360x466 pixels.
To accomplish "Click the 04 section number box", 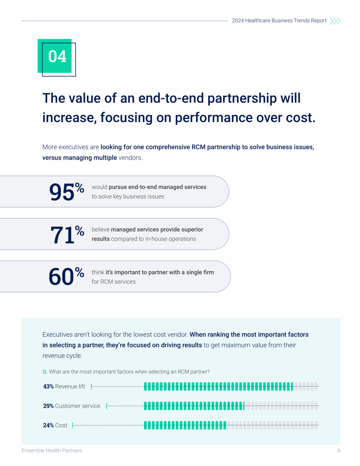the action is pyautogui.click(x=56, y=57).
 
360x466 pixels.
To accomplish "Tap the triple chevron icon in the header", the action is pyautogui.click(x=335, y=21).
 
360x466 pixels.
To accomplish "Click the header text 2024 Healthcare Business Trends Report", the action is pyautogui.click(x=279, y=20).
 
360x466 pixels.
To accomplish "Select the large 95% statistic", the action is pyautogui.click(x=67, y=192).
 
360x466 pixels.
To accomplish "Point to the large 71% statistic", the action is pyautogui.click(x=67, y=234).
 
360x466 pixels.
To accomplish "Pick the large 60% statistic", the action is pyautogui.click(x=66, y=276).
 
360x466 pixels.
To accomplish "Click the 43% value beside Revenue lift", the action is pyautogui.click(x=48, y=386).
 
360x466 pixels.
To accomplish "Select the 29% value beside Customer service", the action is pyautogui.click(x=48, y=406).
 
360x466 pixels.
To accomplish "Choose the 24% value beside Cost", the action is pyautogui.click(x=48, y=425).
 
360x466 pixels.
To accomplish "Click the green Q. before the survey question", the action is pyautogui.click(x=45, y=372).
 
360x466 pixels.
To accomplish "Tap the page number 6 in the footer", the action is pyautogui.click(x=339, y=451).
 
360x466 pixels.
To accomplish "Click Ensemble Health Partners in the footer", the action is pyautogui.click(x=51, y=451).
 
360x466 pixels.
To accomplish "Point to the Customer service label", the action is pyautogui.click(x=77, y=406).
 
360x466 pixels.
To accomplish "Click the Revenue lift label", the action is pyautogui.click(x=70, y=386).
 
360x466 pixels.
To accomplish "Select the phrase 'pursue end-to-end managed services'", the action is pyautogui.click(x=158, y=187).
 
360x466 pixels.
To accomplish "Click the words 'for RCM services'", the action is pyautogui.click(x=113, y=282).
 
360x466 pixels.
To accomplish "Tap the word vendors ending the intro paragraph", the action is pyautogui.click(x=131, y=158).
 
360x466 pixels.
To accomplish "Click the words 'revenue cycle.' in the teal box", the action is pyautogui.click(x=62, y=356).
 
